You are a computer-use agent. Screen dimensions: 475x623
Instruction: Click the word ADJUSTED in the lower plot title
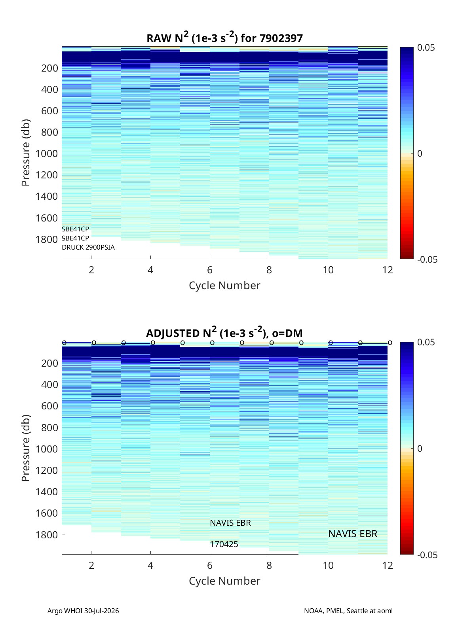coord(173,333)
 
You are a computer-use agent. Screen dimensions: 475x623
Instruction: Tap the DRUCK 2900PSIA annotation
coord(88,248)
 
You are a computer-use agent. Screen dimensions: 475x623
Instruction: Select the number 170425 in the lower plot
coord(224,544)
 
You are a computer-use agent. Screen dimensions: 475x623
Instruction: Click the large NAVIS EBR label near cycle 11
coord(353,534)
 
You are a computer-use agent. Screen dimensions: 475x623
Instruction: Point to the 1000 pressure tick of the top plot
coord(47,153)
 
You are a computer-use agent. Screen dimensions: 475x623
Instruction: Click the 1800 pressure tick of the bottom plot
coord(47,535)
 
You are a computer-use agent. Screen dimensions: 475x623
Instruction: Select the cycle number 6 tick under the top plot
coord(210,270)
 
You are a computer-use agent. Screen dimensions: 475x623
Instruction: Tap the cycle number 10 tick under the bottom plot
coord(328,565)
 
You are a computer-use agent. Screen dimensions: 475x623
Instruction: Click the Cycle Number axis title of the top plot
coord(224,286)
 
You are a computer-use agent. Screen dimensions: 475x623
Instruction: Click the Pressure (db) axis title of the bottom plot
coord(26,448)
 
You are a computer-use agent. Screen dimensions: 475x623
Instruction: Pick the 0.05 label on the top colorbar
coord(426,48)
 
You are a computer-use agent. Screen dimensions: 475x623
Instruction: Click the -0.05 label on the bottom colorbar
coord(427,555)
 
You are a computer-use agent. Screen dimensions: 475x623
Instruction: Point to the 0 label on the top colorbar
coord(420,153)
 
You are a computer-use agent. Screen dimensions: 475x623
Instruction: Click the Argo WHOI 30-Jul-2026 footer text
coord(83,611)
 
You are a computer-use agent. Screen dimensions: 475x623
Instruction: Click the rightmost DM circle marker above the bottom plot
coord(390,343)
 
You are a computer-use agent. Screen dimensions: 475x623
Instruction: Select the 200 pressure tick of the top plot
coord(50,68)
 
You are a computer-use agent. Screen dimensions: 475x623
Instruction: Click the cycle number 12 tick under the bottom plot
coord(388,565)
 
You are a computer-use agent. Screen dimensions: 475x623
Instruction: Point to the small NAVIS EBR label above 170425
coord(230,523)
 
